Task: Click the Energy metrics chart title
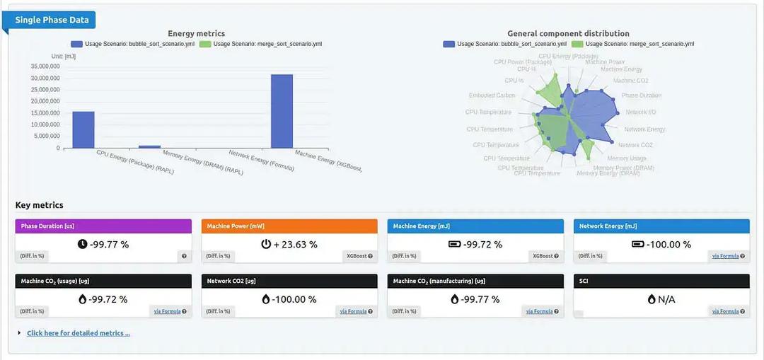point(196,33)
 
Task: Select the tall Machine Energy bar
point(282,111)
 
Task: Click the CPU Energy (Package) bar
point(83,129)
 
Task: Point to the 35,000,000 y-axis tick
point(45,66)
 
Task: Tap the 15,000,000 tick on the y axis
point(45,113)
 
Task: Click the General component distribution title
point(568,33)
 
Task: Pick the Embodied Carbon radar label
point(492,95)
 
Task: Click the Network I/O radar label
point(640,112)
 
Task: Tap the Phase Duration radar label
point(642,95)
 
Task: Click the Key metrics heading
point(40,205)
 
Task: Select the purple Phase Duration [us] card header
point(105,226)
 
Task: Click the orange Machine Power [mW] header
point(290,226)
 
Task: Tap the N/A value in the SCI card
point(666,299)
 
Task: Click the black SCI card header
point(661,281)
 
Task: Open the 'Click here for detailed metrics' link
point(79,333)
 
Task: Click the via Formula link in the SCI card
point(725,311)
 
